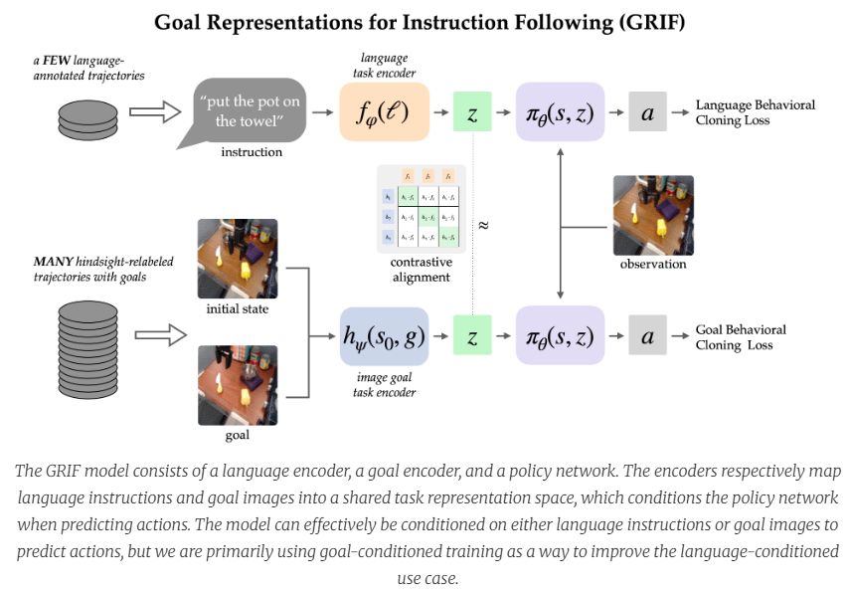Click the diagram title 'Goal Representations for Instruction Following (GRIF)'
(x=425, y=22)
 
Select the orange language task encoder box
(x=384, y=111)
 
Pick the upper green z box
(x=472, y=112)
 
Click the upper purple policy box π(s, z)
(x=561, y=112)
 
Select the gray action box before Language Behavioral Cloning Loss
(x=646, y=112)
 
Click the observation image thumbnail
(x=652, y=215)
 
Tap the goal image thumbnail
(x=238, y=384)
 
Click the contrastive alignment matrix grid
(x=422, y=208)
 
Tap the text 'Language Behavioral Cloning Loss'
(x=755, y=112)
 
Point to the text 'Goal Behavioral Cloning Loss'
(x=741, y=337)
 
